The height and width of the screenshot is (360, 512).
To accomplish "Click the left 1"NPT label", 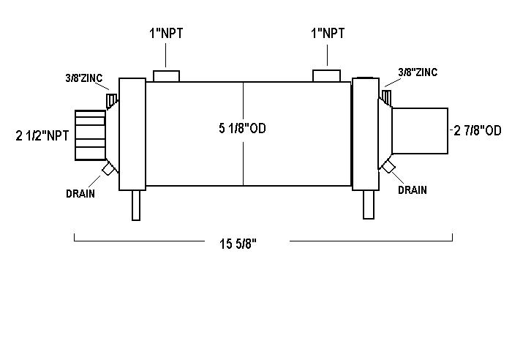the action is (x=166, y=34).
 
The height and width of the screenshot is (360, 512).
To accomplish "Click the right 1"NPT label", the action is (x=328, y=34).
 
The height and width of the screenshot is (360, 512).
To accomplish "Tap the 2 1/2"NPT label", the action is (x=42, y=135).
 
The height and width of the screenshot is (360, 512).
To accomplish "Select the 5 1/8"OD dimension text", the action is (x=242, y=128).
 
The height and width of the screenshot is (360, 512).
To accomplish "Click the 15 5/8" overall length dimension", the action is (x=238, y=244).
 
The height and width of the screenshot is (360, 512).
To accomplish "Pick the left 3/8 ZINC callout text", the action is (x=84, y=78).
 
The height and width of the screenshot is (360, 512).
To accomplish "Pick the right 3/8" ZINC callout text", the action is (x=418, y=72).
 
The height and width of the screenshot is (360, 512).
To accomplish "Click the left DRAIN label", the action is (x=80, y=194).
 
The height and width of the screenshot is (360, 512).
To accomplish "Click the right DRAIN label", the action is (x=413, y=190).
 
